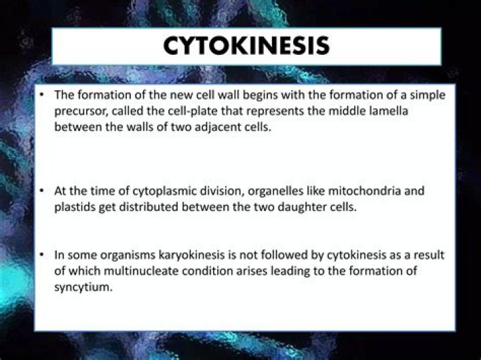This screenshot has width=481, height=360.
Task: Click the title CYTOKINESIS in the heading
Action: pyautogui.click(x=247, y=46)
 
